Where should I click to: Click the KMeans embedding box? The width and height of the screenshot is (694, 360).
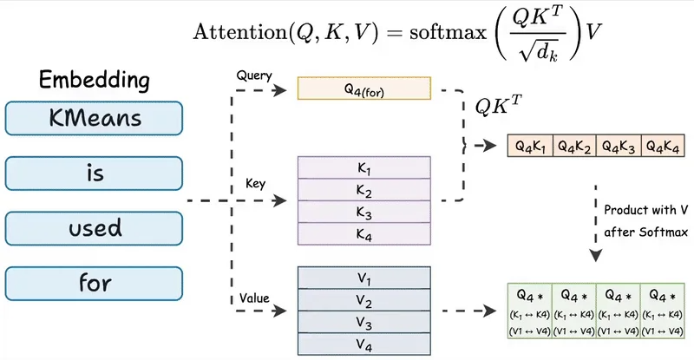pyautogui.click(x=94, y=118)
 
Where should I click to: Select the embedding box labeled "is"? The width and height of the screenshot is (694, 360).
pyautogui.click(x=94, y=173)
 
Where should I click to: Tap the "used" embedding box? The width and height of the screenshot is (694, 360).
pyautogui.click(x=94, y=228)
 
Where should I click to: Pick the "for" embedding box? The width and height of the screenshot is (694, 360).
pyautogui.click(x=94, y=284)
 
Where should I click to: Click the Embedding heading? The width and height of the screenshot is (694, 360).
pyautogui.click(x=95, y=80)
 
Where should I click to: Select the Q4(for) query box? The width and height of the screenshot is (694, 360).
pyautogui.click(x=363, y=88)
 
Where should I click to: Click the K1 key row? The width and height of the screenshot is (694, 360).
pyautogui.click(x=363, y=167)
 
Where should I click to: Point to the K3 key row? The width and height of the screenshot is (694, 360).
pyautogui.click(x=363, y=212)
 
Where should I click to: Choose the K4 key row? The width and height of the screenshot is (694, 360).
pyautogui.click(x=363, y=234)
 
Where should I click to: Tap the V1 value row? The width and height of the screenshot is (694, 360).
pyautogui.click(x=363, y=278)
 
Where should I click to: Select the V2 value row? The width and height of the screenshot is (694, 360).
pyautogui.click(x=363, y=300)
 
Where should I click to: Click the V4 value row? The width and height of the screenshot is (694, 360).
pyautogui.click(x=363, y=344)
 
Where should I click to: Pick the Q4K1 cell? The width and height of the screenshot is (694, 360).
pyautogui.click(x=530, y=145)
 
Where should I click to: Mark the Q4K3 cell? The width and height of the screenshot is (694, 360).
pyautogui.click(x=619, y=145)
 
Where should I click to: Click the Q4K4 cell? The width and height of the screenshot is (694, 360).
pyautogui.click(x=663, y=145)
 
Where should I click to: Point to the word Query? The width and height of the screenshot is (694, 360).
pyautogui.click(x=254, y=75)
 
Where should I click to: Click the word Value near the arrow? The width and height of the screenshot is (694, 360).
pyautogui.click(x=254, y=298)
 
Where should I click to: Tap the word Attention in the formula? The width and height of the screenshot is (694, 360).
pyautogui.click(x=240, y=32)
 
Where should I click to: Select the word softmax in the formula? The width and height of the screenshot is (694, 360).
pyautogui.click(x=448, y=32)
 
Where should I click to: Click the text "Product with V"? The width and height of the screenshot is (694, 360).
pyautogui.click(x=645, y=209)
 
